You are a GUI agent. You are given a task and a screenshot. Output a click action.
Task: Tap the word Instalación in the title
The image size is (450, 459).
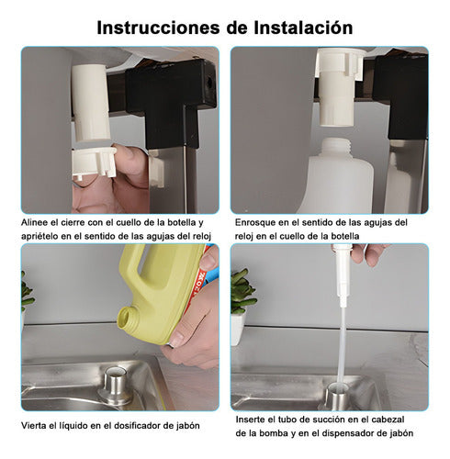pyautogui.click(x=297, y=28)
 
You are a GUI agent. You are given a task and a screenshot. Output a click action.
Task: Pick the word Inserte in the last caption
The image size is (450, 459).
pyautogui.click(x=254, y=420)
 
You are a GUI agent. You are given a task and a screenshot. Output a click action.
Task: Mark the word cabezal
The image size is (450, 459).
pyautogui.click(x=400, y=420)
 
